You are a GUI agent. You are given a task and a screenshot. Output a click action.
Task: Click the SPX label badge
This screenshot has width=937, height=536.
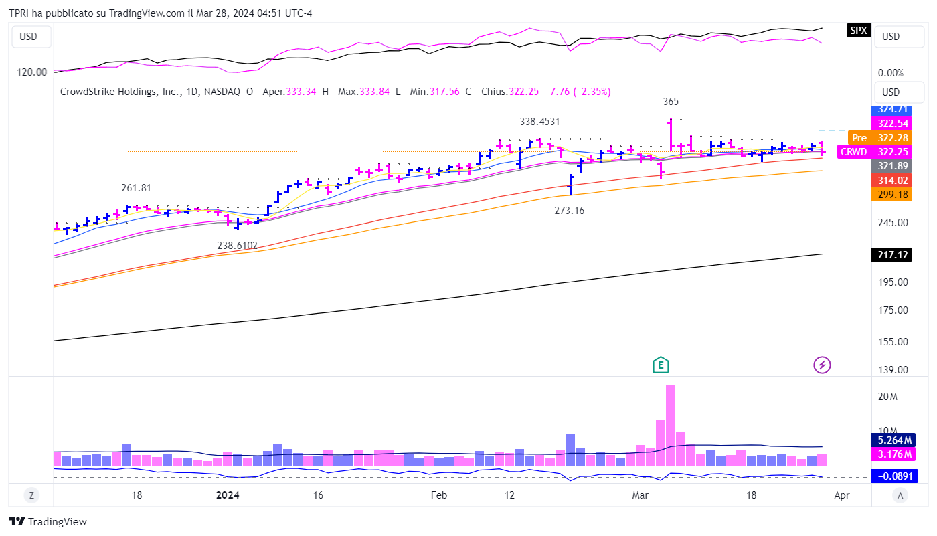click(x=858, y=30)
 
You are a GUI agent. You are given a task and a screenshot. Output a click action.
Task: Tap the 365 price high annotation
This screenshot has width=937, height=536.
click(x=671, y=102)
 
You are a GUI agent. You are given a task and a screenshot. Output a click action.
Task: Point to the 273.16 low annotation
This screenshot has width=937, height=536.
click(x=570, y=211)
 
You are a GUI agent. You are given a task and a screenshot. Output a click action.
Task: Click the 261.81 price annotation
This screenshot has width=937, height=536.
click(x=136, y=188)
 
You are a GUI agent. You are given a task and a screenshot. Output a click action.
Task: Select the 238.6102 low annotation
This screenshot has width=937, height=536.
click(x=237, y=246)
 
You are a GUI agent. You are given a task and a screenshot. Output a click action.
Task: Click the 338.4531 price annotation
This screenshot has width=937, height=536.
click(x=539, y=122)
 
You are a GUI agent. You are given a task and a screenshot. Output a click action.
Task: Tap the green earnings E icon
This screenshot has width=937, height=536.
click(x=661, y=365)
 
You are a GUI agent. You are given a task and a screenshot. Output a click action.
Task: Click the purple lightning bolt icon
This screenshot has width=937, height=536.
click(x=822, y=365)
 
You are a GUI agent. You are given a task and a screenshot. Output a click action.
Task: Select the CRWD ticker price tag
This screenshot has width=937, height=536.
click(x=853, y=152)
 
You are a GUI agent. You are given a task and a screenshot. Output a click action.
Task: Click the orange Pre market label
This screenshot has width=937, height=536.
click(x=859, y=138)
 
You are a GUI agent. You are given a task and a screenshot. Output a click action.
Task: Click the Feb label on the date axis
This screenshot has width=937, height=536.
click(x=438, y=495)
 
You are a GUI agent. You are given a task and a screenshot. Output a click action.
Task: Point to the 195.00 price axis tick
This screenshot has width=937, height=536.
click(x=893, y=282)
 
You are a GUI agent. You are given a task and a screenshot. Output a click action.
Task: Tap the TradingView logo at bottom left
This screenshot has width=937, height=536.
click(x=48, y=522)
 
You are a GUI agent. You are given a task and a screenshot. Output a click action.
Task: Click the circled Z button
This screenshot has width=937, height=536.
click(x=31, y=495)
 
